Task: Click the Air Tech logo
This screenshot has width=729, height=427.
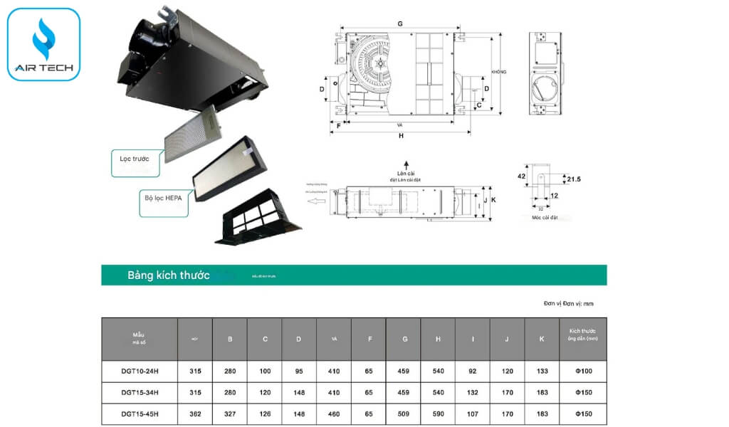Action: click(43, 44)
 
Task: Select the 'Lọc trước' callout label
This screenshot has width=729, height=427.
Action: click(135, 159)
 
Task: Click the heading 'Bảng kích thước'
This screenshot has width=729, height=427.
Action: click(168, 275)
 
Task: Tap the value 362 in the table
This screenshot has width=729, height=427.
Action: click(194, 413)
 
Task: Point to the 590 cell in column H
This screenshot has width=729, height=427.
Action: click(437, 413)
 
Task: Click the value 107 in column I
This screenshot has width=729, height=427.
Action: click(472, 413)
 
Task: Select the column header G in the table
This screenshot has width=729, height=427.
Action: click(404, 339)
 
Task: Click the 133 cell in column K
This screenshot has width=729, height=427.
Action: click(542, 371)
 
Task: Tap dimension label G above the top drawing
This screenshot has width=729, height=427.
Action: click(400, 24)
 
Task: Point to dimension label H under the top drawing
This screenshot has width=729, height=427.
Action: click(401, 135)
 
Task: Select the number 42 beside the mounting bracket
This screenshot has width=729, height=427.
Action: click(521, 176)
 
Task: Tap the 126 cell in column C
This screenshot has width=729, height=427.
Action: click(264, 413)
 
